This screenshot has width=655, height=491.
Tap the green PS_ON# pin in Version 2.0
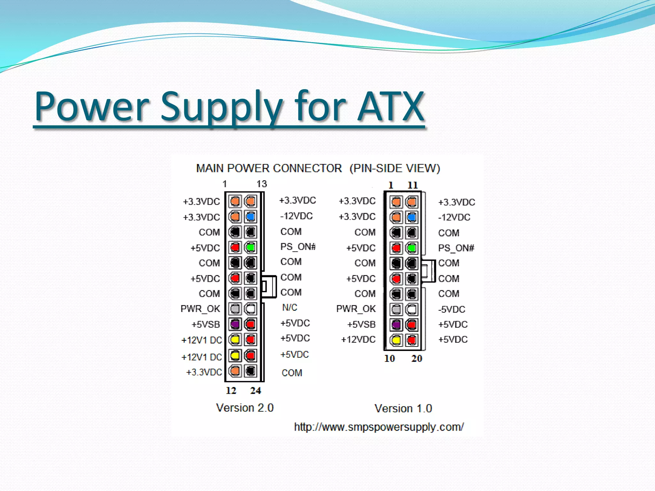tap(250, 247)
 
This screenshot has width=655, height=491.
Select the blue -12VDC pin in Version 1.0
tap(412, 217)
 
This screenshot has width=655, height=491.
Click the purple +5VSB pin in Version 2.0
tap(235, 324)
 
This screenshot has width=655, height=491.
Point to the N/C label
tap(290, 308)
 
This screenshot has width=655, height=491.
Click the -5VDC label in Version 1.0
tap(452, 309)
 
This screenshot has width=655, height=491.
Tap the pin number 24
tap(256, 391)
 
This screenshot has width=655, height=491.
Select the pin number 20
tap(417, 359)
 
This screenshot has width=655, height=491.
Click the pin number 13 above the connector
tap(262, 184)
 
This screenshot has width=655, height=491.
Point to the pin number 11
tap(413, 185)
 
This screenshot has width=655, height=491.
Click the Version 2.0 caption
tap(245, 408)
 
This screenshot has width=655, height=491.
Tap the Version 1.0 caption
tap(403, 409)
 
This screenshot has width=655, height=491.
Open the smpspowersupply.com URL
tap(379, 427)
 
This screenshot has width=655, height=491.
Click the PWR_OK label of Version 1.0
tap(356, 309)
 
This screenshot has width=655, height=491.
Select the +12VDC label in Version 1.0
tap(358, 339)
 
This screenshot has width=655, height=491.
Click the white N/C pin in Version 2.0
tap(250, 309)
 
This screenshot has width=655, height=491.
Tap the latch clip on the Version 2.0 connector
tap(269, 286)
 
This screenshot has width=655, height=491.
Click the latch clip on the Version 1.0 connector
tap(429, 271)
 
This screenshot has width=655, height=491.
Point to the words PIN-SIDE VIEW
tap(395, 168)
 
